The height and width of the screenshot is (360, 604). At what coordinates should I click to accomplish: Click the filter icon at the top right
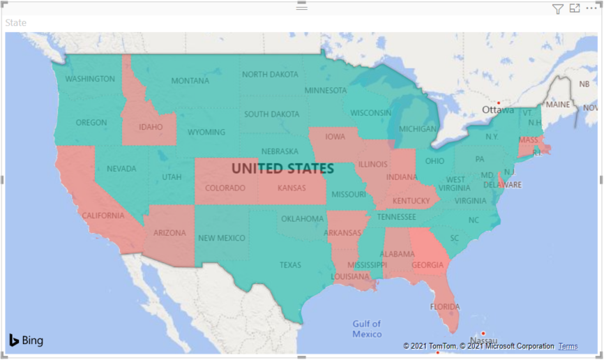(557, 8)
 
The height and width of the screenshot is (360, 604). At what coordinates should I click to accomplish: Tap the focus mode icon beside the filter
(575, 8)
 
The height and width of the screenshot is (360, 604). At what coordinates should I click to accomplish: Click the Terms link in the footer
(568, 346)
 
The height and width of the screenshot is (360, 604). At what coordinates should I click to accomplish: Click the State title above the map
(16, 23)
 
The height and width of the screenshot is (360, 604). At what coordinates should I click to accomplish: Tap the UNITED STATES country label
(282, 169)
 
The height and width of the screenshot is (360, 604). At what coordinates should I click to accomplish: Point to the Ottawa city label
(497, 110)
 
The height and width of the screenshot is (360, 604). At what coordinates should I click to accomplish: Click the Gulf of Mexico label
(367, 329)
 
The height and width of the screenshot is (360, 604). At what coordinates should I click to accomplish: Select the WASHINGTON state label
(90, 79)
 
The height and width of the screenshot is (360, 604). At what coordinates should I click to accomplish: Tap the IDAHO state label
(151, 127)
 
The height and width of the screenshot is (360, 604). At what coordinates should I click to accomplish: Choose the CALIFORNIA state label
(103, 216)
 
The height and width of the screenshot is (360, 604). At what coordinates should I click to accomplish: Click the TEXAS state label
(290, 265)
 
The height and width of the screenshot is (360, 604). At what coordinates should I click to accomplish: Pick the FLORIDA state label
(445, 307)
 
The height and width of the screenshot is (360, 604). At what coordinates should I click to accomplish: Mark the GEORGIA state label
(428, 265)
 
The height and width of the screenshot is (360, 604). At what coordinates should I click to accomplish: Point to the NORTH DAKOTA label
(270, 75)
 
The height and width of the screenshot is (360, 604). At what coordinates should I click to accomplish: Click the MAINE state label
(558, 105)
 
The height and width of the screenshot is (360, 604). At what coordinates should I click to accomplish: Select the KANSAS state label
(292, 188)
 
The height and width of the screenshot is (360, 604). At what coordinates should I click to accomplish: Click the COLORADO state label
(225, 188)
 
